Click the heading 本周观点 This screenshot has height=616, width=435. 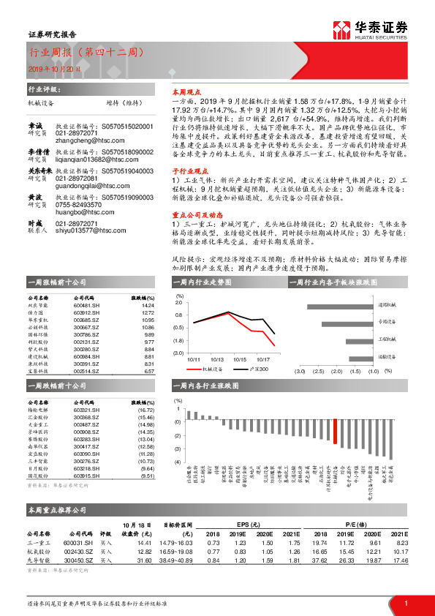185,94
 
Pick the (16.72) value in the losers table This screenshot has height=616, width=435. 147,410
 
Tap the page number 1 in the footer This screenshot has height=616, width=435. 405,603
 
